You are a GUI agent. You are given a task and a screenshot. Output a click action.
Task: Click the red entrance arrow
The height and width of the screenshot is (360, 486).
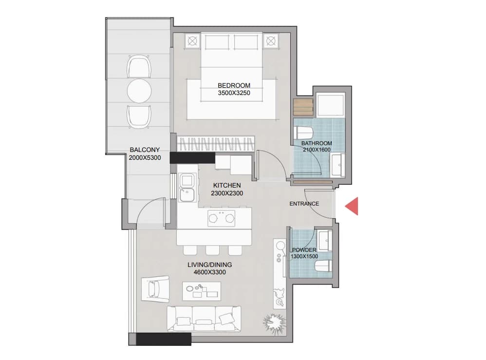click(353, 206)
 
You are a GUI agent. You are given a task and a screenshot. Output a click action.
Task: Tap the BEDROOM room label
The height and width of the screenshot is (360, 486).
click(234, 85)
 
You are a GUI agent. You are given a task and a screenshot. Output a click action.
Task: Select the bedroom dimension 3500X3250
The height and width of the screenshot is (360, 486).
click(234, 93)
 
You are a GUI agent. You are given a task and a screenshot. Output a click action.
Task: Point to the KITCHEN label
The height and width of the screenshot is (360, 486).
click(227, 186)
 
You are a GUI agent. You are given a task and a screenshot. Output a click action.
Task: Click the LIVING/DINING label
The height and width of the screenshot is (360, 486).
click(209, 265)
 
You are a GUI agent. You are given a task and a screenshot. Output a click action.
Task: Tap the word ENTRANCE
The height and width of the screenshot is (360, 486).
click(304, 204)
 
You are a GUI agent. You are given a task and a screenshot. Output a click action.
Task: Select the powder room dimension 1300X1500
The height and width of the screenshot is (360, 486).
click(304, 256)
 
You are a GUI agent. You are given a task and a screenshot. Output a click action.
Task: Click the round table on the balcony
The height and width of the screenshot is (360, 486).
click(139, 91)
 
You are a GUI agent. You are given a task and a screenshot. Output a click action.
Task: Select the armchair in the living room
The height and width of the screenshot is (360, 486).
click(155, 289)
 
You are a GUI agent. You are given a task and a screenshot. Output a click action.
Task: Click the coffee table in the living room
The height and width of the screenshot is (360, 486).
click(202, 291)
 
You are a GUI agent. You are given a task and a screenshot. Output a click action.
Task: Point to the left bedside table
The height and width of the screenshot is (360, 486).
click(192, 40)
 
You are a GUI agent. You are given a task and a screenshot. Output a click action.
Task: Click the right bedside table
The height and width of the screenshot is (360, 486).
click(271, 40)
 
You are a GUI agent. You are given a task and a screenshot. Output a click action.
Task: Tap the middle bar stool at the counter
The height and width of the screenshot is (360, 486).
click(212, 250)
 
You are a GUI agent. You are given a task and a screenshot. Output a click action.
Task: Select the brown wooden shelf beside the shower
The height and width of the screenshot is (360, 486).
click(303, 108)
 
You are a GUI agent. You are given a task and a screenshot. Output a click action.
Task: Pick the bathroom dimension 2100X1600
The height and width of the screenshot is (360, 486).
click(316, 150)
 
